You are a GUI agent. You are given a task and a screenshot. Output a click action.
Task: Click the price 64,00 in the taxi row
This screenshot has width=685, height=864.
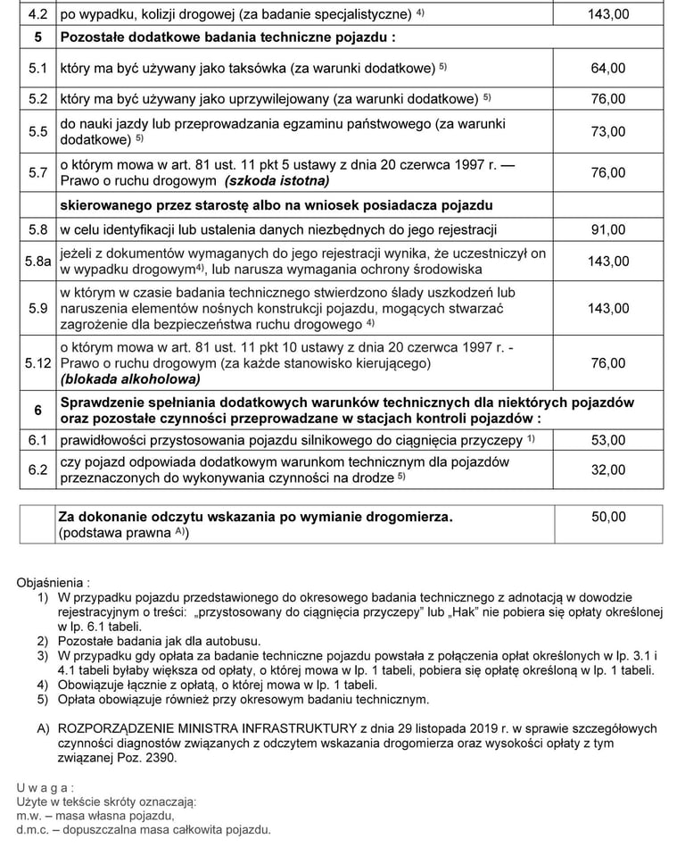click(x=608, y=68)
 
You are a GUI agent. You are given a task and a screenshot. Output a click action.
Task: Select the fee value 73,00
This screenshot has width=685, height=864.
click(x=608, y=131)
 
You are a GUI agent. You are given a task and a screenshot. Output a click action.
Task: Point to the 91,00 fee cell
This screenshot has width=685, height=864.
click(x=608, y=229)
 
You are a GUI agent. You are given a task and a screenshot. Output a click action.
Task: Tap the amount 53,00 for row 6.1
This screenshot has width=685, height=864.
click(x=608, y=440)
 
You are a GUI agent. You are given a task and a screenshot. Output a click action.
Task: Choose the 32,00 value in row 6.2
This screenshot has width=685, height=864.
click(x=608, y=469)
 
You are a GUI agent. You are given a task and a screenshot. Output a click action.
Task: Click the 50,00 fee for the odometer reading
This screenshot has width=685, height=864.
click(x=608, y=517)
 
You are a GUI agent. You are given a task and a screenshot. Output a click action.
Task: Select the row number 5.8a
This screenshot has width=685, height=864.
click(x=37, y=262)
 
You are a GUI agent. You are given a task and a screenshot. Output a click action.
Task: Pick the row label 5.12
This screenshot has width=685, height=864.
click(x=37, y=363)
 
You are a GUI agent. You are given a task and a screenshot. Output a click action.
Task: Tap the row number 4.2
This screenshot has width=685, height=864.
click(x=37, y=15)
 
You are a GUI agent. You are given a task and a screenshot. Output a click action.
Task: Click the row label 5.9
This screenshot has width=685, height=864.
click(x=37, y=309)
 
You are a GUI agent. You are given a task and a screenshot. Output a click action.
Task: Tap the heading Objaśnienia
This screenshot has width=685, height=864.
click(x=53, y=581)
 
